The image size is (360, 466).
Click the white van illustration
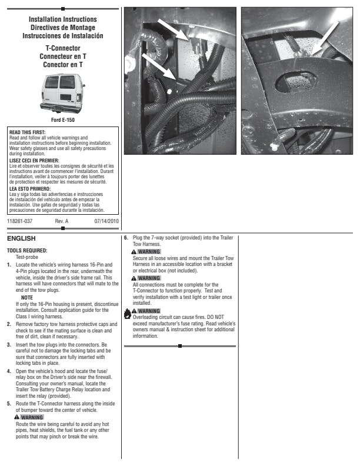pos(62,94)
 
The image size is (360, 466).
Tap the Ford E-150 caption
pos(62,120)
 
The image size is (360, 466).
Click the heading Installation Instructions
pos(62,19)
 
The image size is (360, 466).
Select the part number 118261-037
pos(20,221)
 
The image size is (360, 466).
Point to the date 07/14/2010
pos(106,221)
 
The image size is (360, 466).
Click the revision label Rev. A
pos(62,221)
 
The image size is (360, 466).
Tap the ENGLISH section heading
pos(21,239)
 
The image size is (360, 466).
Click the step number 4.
pos(9,371)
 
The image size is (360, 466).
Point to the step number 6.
pos(126,237)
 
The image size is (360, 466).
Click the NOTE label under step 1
pos(27,298)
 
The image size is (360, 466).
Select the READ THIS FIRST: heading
pos(28,132)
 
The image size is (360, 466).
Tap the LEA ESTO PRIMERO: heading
pos(31,189)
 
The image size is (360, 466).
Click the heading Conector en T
pos(62,65)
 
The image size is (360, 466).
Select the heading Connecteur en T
pos(62,55)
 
